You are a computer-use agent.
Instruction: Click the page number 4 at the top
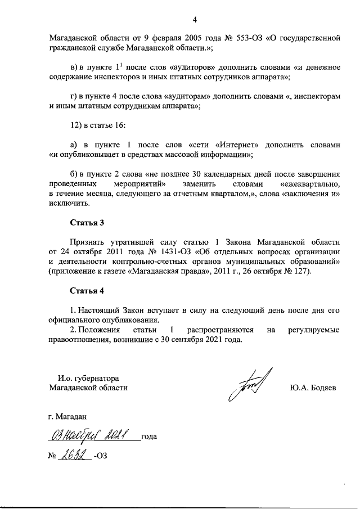(x=195, y=21)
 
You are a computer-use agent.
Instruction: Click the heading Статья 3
(x=87, y=222)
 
